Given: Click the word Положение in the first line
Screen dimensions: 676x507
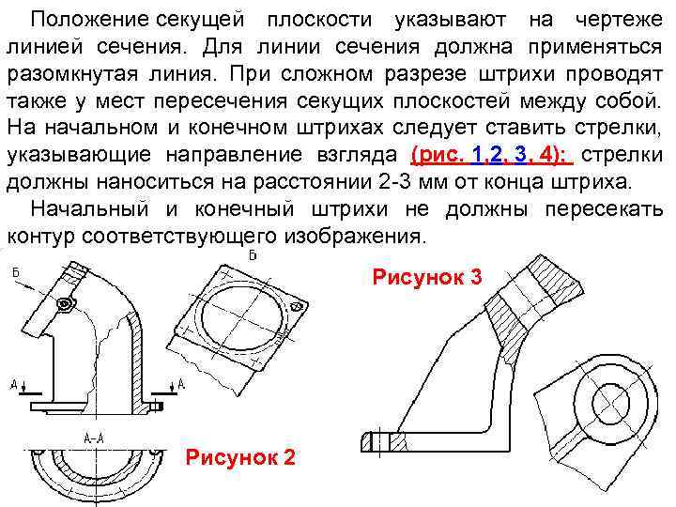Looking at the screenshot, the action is coord(86,20).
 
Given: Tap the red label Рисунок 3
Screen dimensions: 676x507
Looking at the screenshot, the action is coord(427,278).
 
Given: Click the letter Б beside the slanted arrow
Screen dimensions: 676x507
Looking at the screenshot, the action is coord(16,271).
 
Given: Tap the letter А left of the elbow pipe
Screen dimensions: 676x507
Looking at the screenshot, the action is coord(15,383).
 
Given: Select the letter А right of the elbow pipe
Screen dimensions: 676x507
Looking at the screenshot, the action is coord(180,383).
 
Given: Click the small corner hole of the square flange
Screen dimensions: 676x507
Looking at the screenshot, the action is coord(297,302).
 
